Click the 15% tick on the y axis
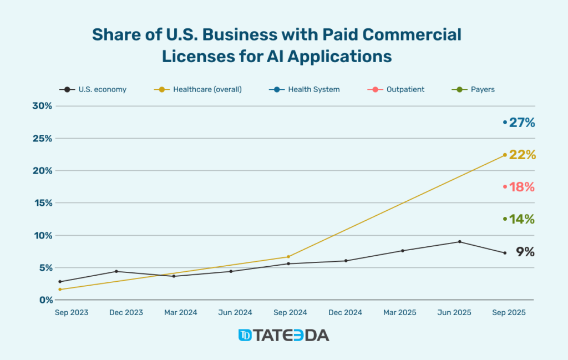click(42, 203)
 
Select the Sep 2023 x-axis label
click(72, 313)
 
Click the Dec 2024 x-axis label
click(345, 313)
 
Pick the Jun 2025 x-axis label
click(454, 313)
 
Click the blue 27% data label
click(522, 123)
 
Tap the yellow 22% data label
click(522, 155)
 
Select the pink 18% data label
click(522, 187)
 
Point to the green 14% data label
click(522, 219)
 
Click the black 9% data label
click(525, 252)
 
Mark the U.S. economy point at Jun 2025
click(460, 242)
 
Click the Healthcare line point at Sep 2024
click(288, 257)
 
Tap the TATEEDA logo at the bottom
click(283, 335)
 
